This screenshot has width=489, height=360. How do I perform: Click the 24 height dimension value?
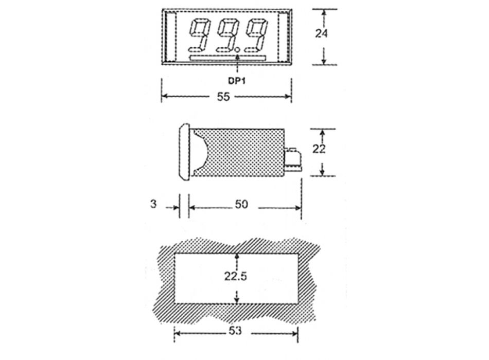tap(322, 33)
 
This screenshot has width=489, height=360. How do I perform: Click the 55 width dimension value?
tap(223, 97)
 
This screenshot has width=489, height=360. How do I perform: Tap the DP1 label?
tap(236, 81)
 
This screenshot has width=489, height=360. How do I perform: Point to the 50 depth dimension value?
tap(241, 205)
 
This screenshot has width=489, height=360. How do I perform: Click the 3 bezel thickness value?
tap(153, 204)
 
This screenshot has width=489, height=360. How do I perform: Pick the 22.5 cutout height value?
tap(236, 276)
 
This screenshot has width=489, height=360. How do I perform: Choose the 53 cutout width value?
tap(235, 332)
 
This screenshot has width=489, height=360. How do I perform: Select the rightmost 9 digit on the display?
tap(256, 35)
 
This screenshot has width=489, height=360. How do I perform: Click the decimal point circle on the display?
tap(238, 49)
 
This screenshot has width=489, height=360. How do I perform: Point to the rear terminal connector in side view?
tap(294, 159)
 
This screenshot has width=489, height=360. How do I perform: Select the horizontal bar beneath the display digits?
tap(227, 58)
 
